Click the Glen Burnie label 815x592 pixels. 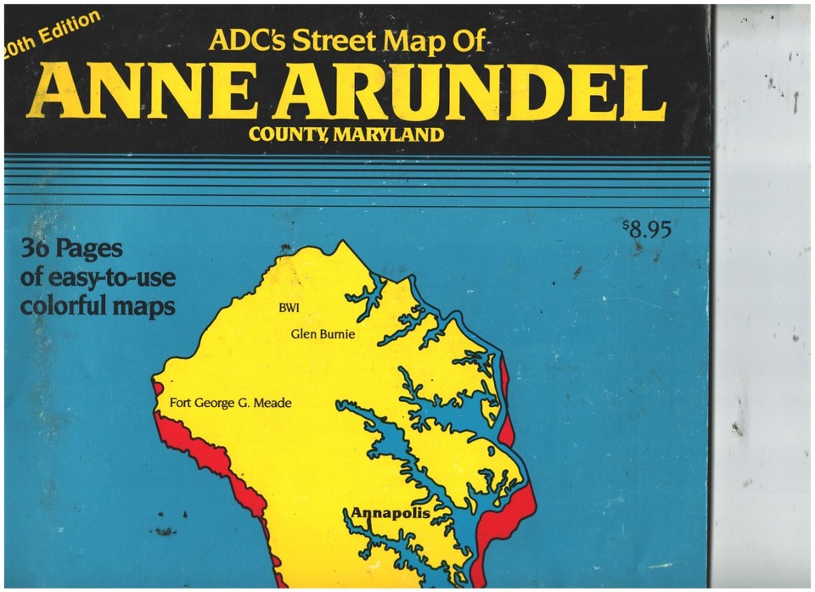click(x=323, y=334)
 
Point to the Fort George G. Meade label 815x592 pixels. click(x=230, y=403)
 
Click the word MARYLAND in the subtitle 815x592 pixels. click(x=396, y=135)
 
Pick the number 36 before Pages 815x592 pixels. click(x=40, y=251)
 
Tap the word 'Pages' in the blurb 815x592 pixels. click(x=95, y=251)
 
